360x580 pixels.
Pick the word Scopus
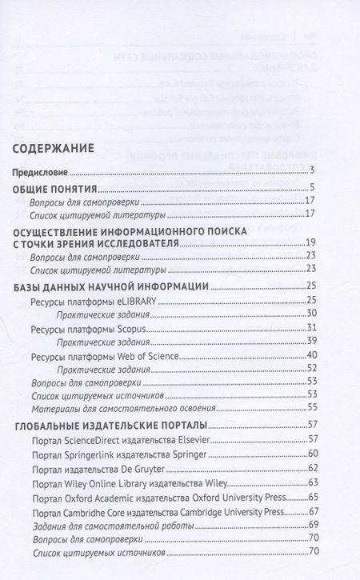[x=133, y=329]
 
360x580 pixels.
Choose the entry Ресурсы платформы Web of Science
[x=99, y=356]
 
